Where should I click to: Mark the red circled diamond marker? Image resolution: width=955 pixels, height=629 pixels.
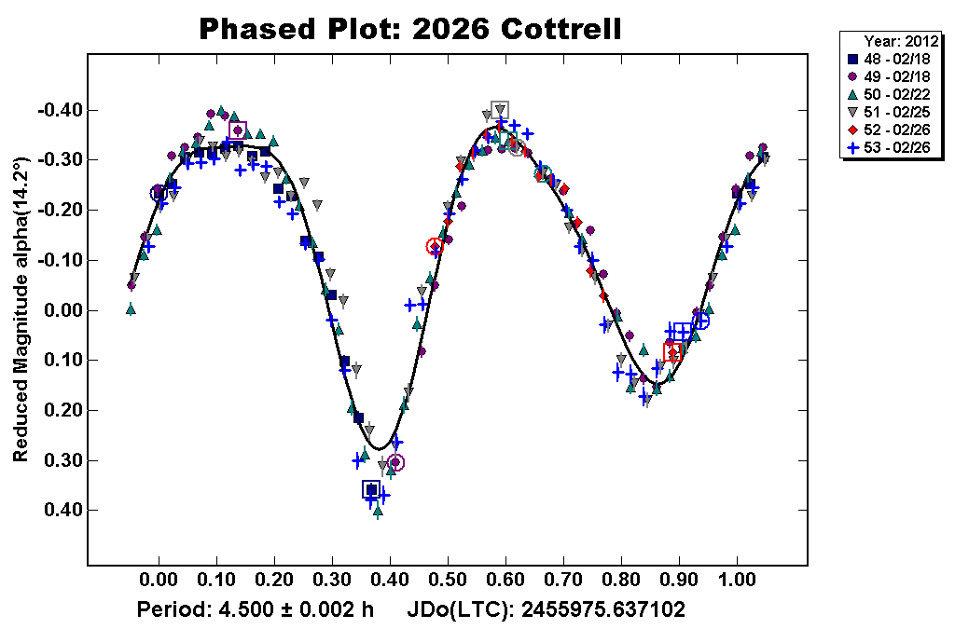tap(435, 247)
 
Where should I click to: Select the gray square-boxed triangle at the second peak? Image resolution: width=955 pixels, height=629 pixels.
tap(500, 110)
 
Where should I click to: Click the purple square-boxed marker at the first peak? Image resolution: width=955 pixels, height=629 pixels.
tap(238, 130)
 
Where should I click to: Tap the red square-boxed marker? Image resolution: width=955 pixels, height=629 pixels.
tap(673, 351)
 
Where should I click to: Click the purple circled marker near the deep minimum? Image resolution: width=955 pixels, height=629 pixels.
tap(395, 462)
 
